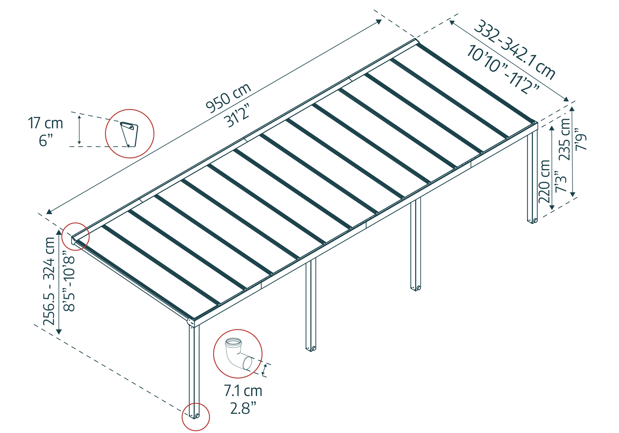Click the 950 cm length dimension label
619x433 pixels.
tap(228, 98)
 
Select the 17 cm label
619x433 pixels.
tap(45, 123)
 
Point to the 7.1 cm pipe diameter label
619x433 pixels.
tap(243, 391)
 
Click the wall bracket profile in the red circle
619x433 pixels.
tap(129, 134)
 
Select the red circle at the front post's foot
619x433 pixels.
tap(196, 417)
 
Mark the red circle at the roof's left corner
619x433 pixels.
tap(76, 236)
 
